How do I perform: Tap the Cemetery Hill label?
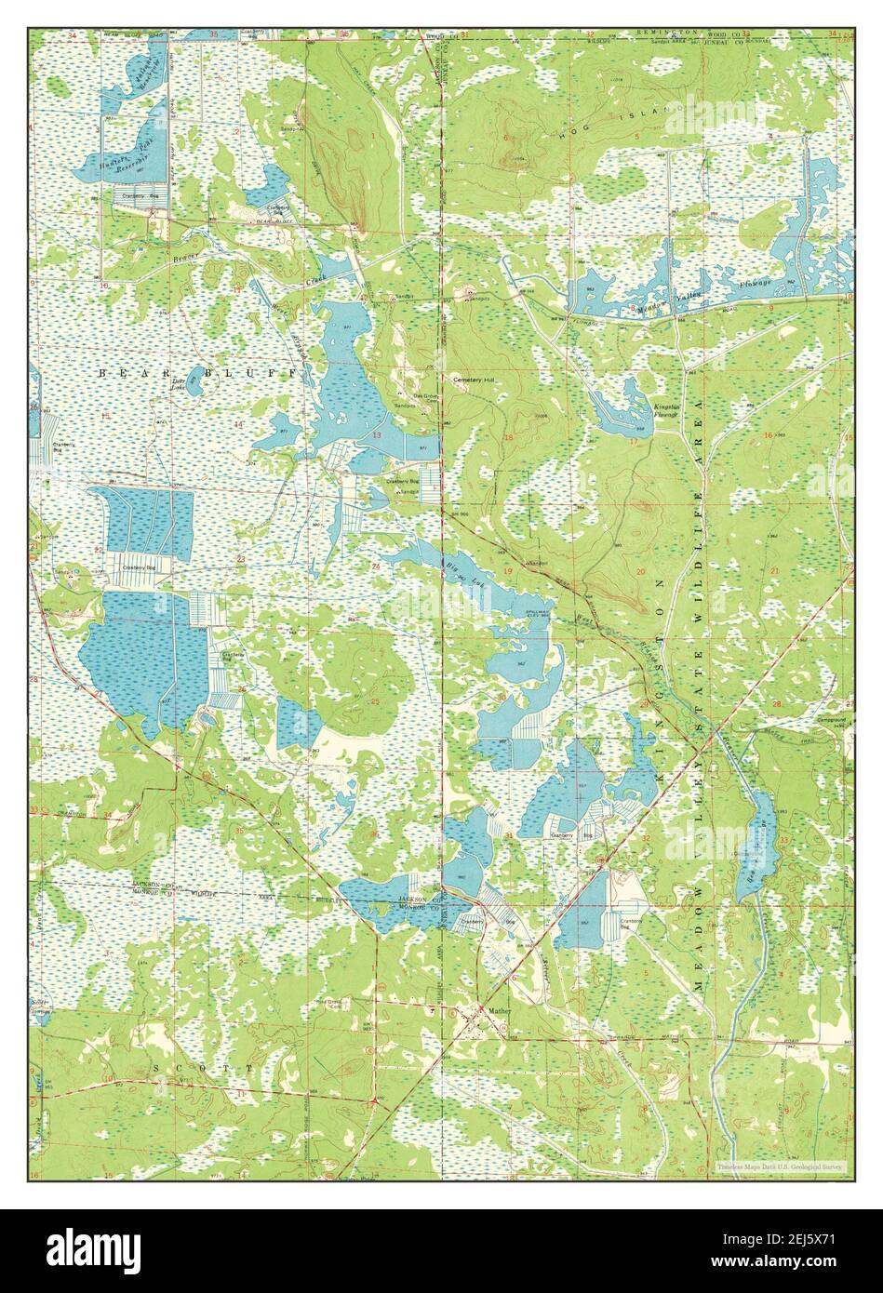472,380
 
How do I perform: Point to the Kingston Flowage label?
667,411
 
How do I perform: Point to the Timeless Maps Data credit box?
780,1165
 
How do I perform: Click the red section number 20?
640,570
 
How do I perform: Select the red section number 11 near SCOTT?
243,1094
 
